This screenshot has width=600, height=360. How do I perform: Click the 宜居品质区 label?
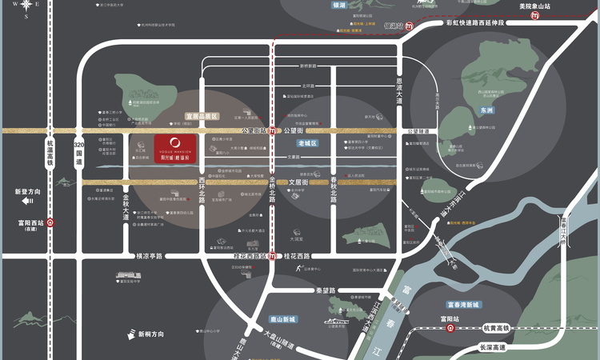[201, 116]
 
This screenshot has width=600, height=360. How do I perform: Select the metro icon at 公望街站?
[273, 130]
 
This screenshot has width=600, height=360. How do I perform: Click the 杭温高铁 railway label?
[50, 150]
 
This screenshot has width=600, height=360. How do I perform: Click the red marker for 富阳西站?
[50, 224]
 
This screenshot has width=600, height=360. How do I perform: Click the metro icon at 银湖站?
[410, 25]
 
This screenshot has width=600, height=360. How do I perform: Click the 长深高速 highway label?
[494, 347]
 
